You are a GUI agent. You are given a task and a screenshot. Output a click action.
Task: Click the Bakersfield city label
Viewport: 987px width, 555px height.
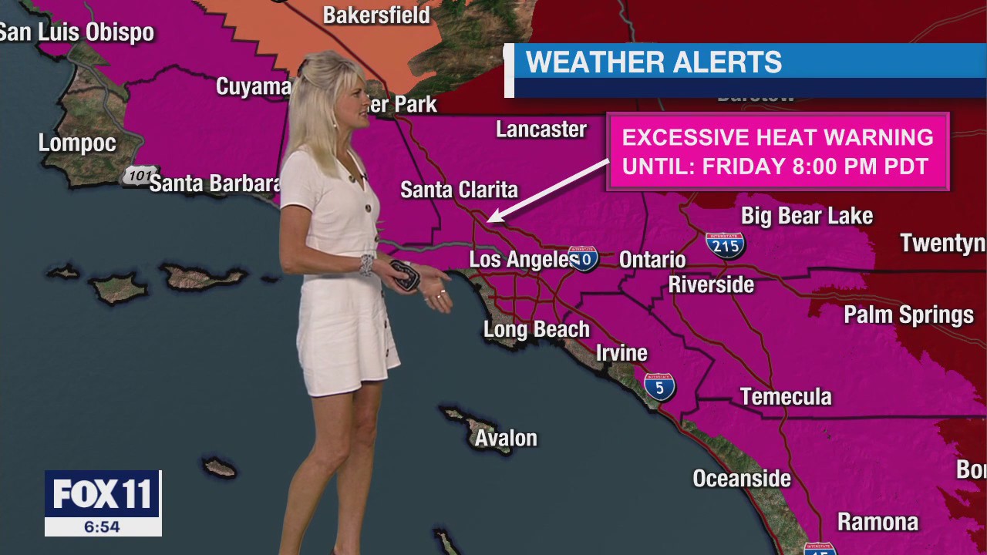point(376,15)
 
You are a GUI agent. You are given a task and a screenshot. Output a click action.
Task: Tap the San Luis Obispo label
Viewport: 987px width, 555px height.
point(77,32)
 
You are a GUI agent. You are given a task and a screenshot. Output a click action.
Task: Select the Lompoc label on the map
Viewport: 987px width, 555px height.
point(77,143)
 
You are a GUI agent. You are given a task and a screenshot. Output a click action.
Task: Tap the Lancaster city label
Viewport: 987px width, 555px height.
point(541,129)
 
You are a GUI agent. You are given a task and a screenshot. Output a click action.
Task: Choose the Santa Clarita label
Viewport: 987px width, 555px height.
point(459,190)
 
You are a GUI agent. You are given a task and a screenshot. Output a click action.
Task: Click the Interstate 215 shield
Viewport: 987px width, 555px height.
point(725,244)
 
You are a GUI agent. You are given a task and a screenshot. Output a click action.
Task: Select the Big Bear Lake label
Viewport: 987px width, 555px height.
point(807,216)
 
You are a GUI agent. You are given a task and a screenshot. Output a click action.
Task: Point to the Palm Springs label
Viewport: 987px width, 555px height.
point(908,315)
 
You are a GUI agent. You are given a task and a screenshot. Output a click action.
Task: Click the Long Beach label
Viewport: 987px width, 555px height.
point(536,330)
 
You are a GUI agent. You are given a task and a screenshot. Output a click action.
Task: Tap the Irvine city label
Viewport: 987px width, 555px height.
point(622,353)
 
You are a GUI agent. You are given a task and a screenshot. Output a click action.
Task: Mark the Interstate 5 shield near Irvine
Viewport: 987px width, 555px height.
point(660,385)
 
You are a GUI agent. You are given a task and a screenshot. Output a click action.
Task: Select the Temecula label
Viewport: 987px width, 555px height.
point(786,397)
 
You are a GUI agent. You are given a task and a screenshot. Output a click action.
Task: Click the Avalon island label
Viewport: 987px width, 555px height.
point(506,439)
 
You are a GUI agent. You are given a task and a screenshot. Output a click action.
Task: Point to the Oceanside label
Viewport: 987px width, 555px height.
point(742,479)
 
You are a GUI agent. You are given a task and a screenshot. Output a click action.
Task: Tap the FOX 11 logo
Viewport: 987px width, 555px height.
point(103,494)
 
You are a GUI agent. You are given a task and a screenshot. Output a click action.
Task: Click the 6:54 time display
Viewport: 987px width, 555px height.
point(103,527)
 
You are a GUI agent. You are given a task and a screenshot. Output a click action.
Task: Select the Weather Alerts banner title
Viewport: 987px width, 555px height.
point(654,62)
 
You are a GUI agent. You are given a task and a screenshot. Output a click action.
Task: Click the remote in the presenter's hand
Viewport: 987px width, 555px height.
point(404,275)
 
